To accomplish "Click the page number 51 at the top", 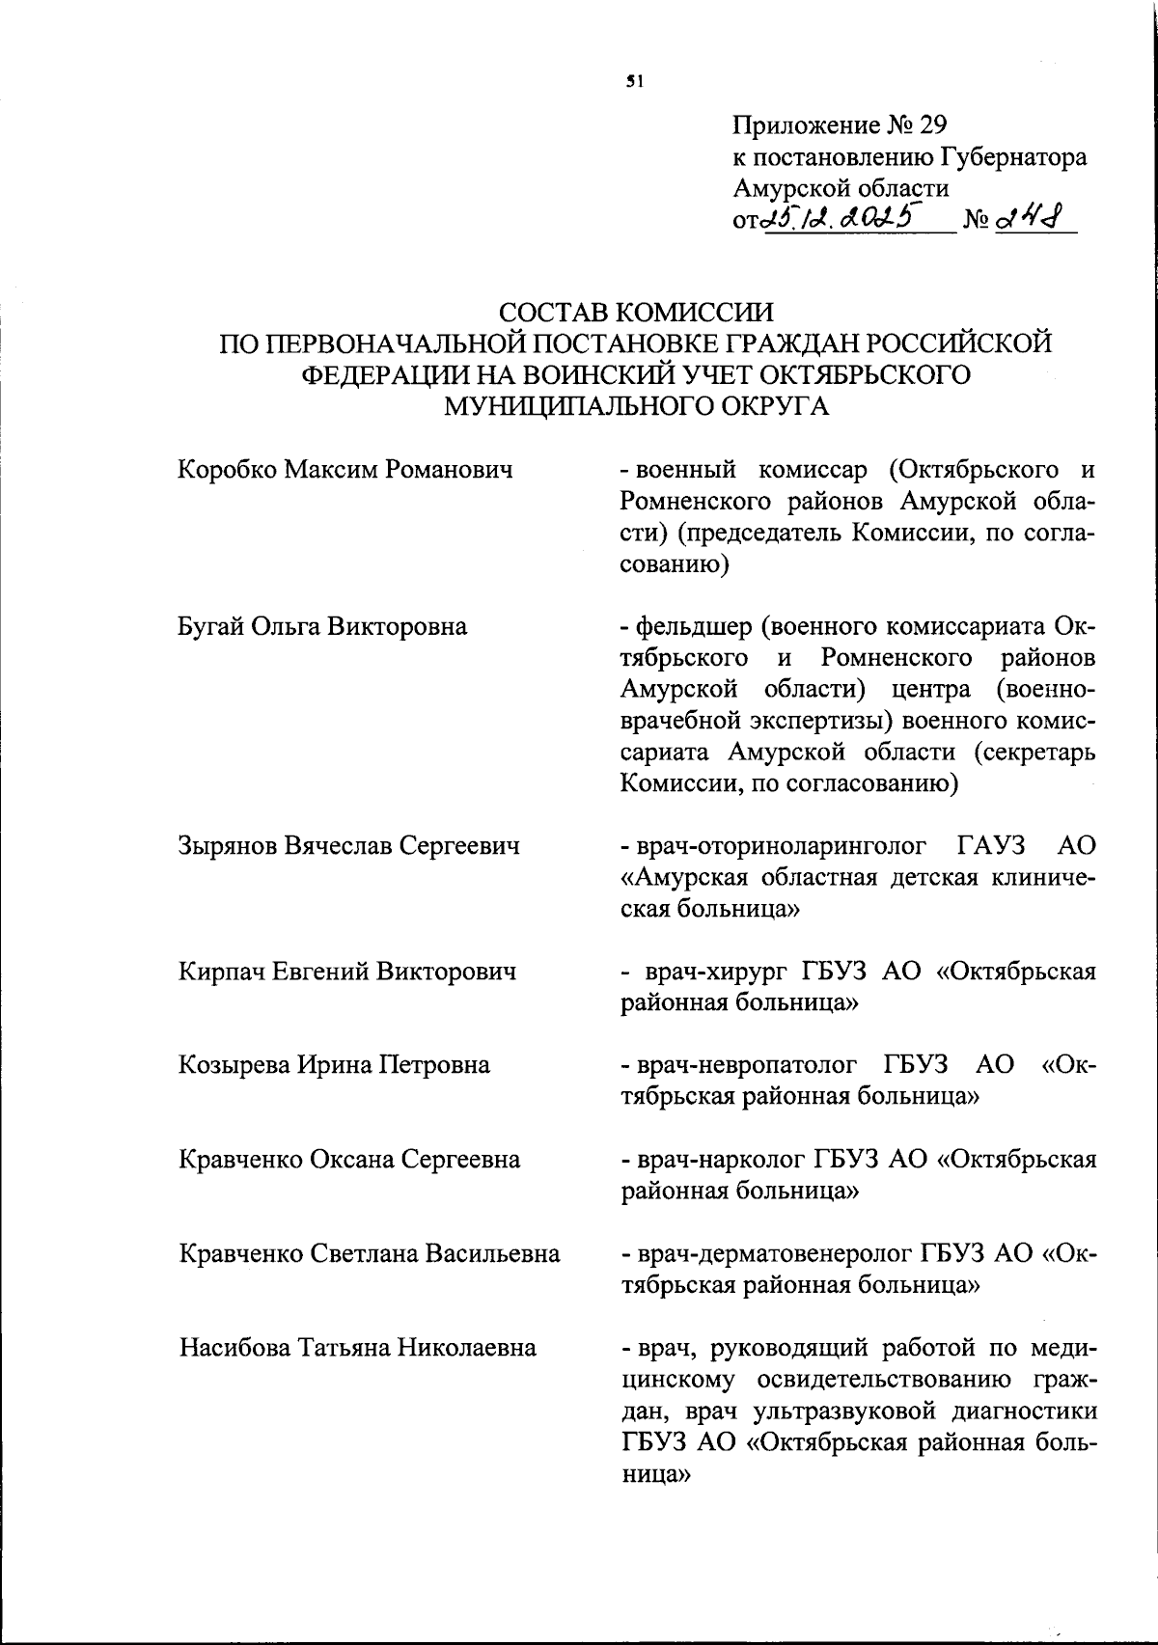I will point(634,82).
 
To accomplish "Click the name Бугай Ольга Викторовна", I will point(322,626).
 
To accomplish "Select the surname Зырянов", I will point(230,845).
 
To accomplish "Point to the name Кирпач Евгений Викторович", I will point(346,971).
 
